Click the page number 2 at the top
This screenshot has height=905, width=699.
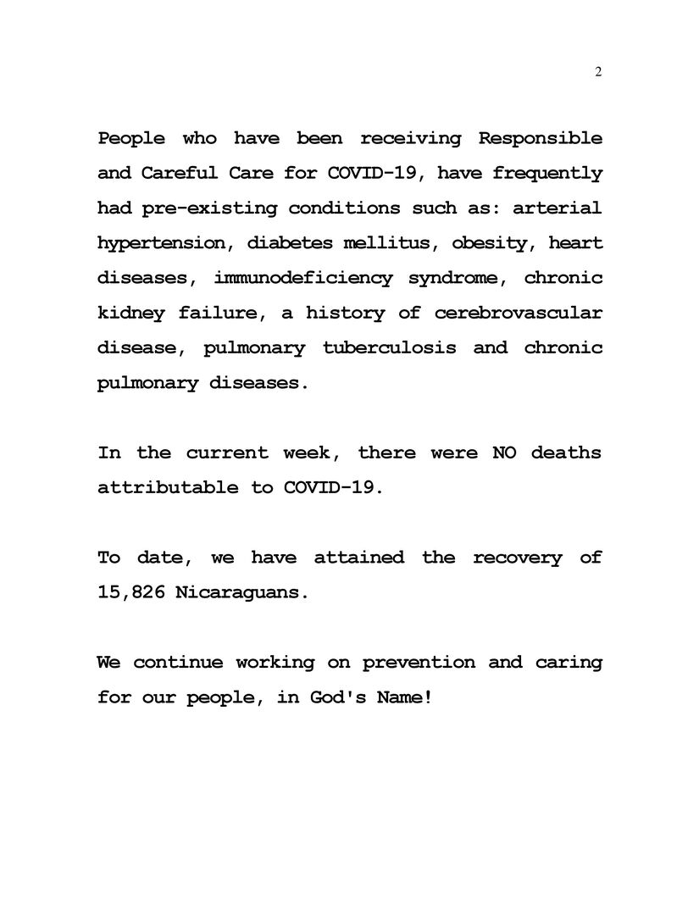(x=598, y=72)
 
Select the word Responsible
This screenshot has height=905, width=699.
(x=541, y=138)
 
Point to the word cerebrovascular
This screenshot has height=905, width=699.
(x=519, y=314)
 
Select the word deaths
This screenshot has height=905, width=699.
(x=567, y=452)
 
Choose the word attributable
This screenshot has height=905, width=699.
(x=168, y=487)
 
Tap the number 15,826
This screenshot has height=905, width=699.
(x=131, y=592)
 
